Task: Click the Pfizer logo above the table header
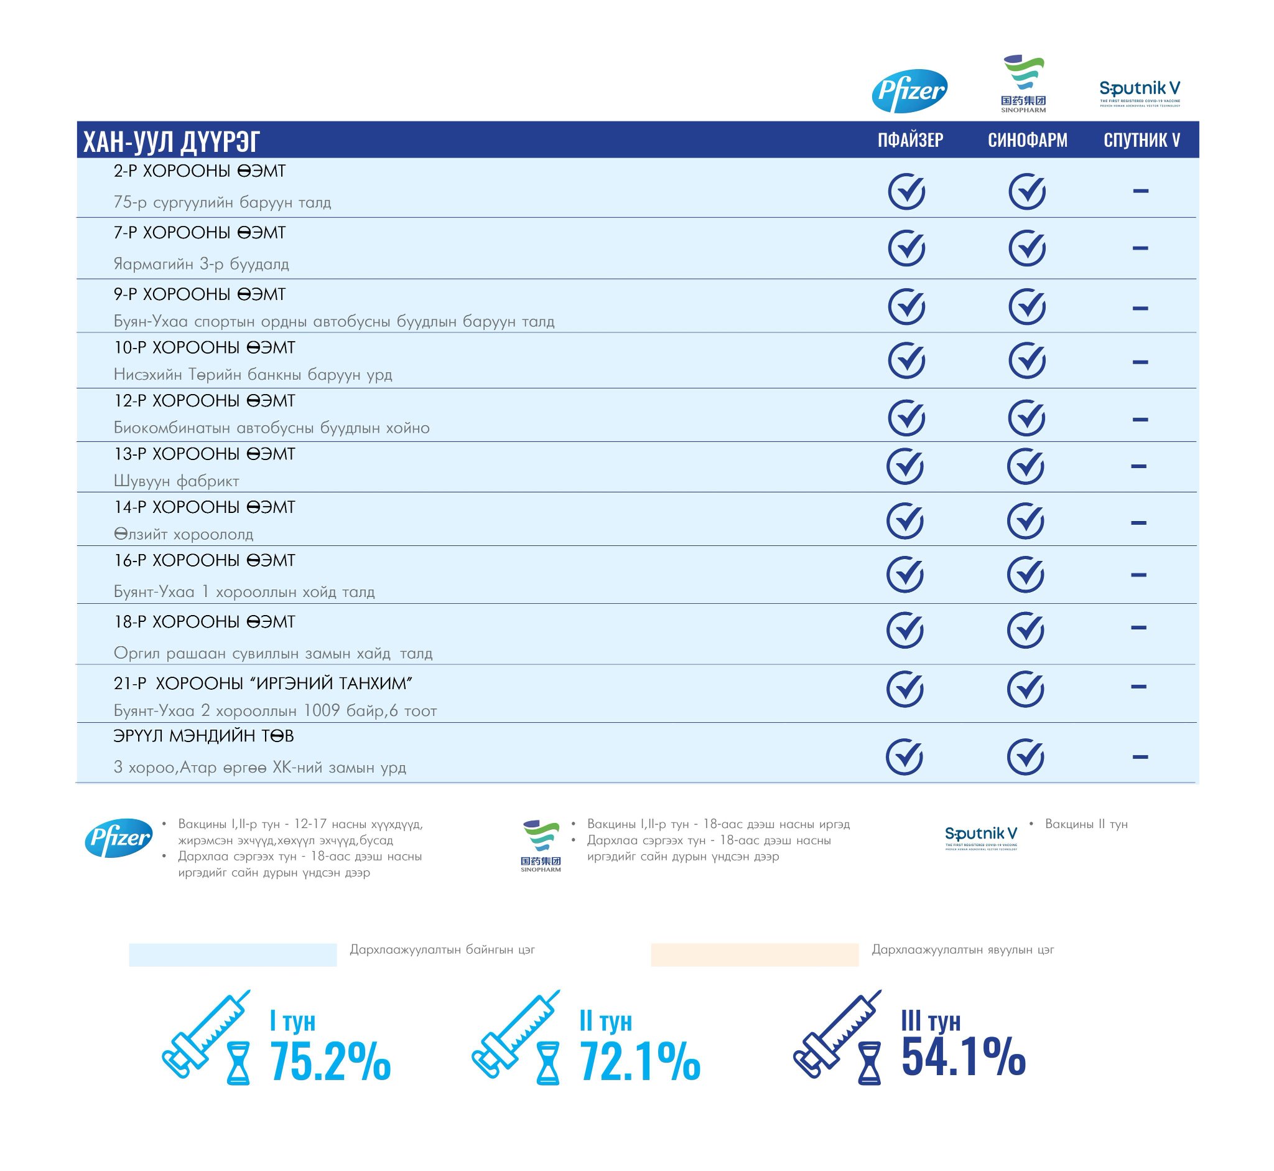pos(909,91)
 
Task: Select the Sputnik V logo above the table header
pos(1140,93)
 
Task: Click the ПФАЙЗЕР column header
pos(910,140)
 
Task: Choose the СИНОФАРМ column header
pos(1027,140)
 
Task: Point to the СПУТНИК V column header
pos(1141,140)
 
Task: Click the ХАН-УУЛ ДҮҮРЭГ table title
pos(172,141)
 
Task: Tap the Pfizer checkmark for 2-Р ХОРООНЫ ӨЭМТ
pos(906,190)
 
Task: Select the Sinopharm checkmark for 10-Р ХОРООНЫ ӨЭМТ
pos(1026,360)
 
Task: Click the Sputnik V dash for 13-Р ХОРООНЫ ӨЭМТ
pos(1138,466)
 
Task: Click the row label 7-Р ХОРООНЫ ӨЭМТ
pos(200,233)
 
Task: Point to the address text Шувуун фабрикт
pos(176,481)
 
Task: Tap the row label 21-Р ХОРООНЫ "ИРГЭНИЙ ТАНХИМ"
pos(263,683)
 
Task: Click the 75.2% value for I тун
pos(330,1061)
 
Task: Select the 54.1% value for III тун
pos(962,1056)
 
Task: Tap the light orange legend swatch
pos(754,954)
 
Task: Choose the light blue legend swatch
pos(233,954)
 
